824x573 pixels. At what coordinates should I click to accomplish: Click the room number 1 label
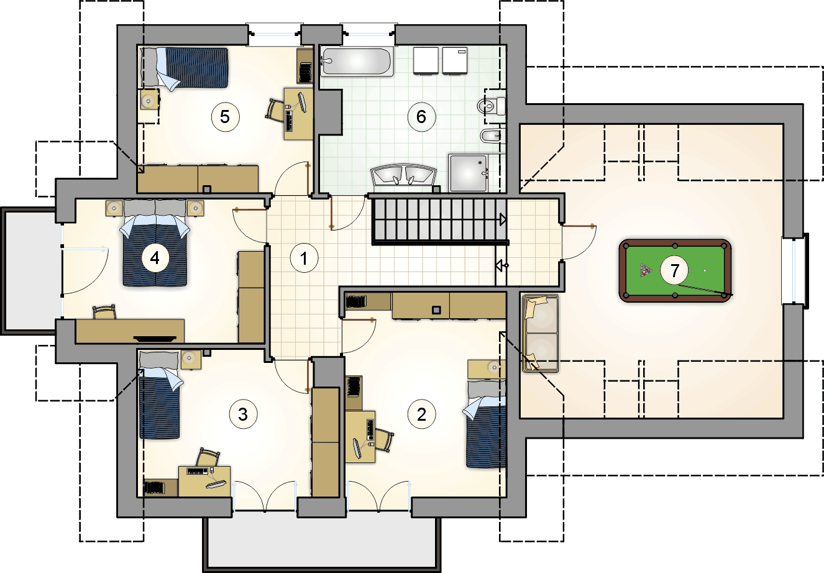point(304,258)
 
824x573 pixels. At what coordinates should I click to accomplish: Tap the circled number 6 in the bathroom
point(421,117)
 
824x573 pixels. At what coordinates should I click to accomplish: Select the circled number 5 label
point(225,117)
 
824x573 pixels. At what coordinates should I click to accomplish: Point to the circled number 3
point(243,415)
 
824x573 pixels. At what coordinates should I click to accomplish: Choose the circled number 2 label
point(421,415)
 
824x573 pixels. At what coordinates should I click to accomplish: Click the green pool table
point(675,271)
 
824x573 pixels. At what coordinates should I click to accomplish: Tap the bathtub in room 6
point(356,62)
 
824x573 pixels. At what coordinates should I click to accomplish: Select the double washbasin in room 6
point(403,175)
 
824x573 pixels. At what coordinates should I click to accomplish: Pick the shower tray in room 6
point(469,173)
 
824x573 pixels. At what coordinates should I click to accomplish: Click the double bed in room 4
point(155,243)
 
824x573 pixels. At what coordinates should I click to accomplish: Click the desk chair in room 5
point(275,109)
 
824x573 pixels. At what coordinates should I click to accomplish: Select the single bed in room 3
point(160,395)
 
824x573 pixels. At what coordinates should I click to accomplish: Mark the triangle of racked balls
point(645,270)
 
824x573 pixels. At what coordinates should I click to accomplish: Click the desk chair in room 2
point(383,440)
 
